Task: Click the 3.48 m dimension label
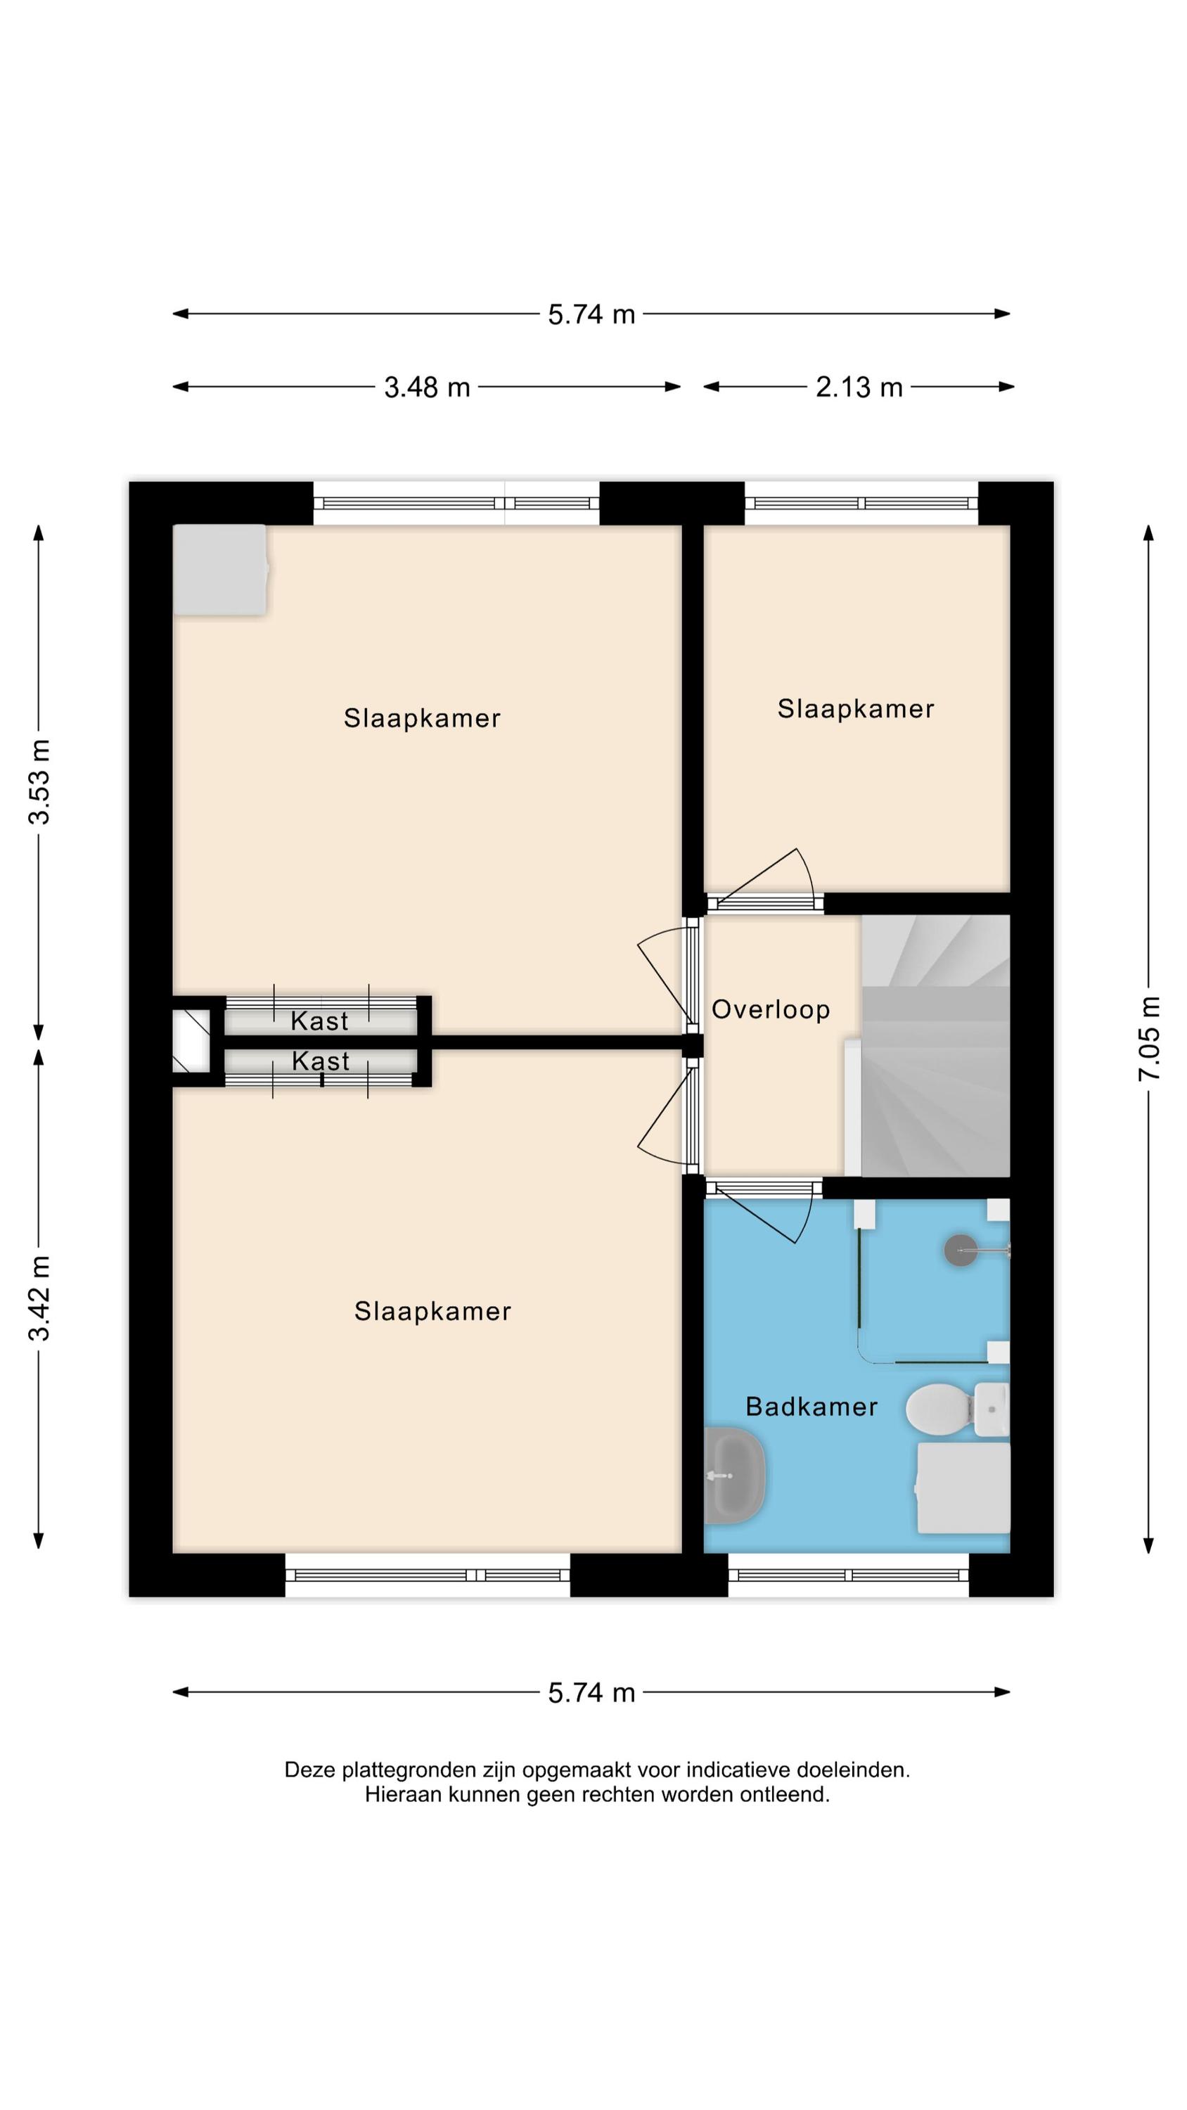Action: coord(427,387)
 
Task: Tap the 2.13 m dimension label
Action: coord(859,387)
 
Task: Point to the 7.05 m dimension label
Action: coord(1148,1039)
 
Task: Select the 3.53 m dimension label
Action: coord(39,781)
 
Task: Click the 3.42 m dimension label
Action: coord(39,1298)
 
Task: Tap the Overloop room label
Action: coord(770,1009)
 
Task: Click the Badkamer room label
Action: coord(811,1407)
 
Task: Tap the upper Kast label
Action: coord(319,1021)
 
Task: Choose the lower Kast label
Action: coord(320,1061)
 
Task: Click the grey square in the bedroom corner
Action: coord(219,569)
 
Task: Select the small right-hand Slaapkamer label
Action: coord(855,708)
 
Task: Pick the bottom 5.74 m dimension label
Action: coord(591,1692)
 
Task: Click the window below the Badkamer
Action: coord(848,1574)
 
